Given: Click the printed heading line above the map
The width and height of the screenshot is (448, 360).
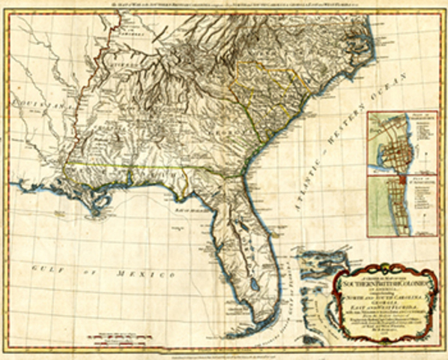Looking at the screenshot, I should (225, 6).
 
